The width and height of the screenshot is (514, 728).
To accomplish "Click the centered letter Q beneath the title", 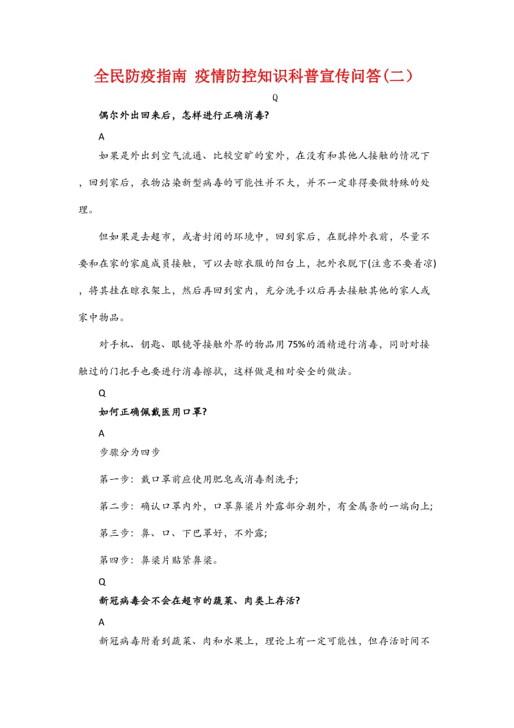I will point(275,98).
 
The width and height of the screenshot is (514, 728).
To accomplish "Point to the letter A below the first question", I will point(102,136).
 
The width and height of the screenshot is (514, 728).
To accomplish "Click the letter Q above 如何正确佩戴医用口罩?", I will point(102,392).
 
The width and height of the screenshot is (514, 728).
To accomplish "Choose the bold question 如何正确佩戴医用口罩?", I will point(153,412).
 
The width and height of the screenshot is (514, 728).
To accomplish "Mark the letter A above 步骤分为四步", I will point(102,433).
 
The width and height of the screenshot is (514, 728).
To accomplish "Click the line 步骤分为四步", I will point(129,452).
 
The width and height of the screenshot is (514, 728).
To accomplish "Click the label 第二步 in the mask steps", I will point(114,506).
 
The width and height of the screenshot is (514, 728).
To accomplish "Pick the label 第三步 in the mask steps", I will point(114,533).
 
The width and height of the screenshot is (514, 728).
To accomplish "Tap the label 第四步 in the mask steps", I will point(114,560).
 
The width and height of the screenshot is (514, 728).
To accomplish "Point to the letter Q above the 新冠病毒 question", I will point(102,581).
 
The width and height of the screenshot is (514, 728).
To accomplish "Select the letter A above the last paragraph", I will point(102,622).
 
